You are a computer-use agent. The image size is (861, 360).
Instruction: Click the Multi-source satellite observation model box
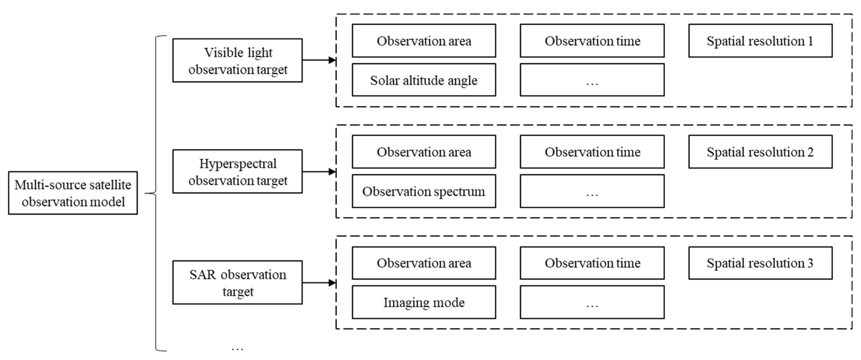[x=73, y=193]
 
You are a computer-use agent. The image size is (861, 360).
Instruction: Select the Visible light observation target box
[x=237, y=60]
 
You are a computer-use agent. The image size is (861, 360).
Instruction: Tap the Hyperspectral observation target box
[x=237, y=172]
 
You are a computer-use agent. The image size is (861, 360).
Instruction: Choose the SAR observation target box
[x=237, y=282]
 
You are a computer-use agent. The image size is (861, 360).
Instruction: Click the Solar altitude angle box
[x=423, y=80]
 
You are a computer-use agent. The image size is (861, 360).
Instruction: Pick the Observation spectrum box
[x=423, y=191]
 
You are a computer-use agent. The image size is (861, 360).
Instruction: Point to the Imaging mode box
[x=423, y=302]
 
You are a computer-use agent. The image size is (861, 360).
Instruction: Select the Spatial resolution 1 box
[x=760, y=41]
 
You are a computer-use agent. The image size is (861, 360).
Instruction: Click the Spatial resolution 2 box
[x=760, y=152]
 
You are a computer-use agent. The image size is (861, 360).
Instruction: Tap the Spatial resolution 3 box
[x=760, y=263]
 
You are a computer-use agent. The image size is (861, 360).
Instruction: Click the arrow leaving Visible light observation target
[x=319, y=60]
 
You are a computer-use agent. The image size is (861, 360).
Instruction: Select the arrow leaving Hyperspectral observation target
[x=319, y=172]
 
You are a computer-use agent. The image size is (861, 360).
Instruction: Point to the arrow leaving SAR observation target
[x=319, y=283]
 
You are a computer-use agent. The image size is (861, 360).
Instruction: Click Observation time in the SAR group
[x=592, y=263]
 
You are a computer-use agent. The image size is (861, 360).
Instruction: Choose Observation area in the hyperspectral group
[x=423, y=152]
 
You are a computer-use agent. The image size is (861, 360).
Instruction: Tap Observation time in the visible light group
[x=592, y=41]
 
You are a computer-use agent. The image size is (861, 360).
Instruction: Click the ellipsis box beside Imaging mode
[x=592, y=302]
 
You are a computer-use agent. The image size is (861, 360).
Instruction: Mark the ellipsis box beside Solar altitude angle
[x=592, y=80]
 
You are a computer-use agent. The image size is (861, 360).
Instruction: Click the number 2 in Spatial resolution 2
[x=810, y=152]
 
